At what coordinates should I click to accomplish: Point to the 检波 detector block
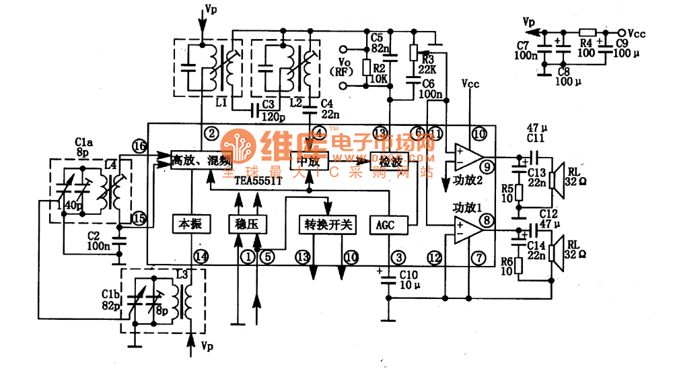(x=388, y=161)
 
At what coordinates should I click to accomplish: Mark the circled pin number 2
(x=212, y=133)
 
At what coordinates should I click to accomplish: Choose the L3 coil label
(x=180, y=274)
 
